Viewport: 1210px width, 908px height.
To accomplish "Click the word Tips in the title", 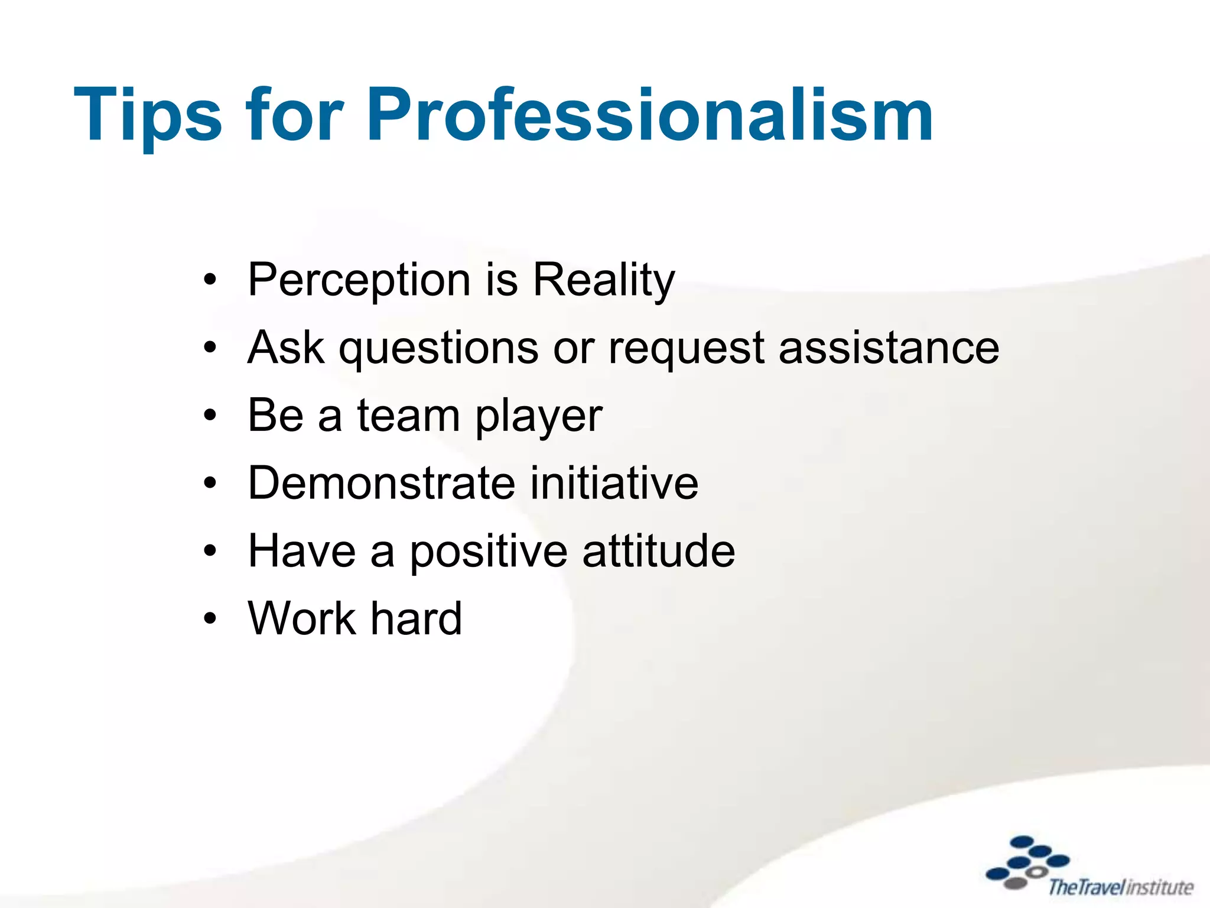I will tap(148, 115).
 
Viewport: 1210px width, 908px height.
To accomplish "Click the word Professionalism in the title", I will tap(650, 115).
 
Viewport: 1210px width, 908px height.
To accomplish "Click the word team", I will tap(408, 416).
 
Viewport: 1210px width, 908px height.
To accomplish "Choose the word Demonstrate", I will tap(382, 483).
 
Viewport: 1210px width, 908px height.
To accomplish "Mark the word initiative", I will tap(614, 483).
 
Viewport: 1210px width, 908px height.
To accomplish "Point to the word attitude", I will tap(659, 551).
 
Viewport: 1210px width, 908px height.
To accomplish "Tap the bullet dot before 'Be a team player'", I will tap(210, 416).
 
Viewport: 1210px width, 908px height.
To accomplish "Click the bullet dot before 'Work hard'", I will tap(210, 620).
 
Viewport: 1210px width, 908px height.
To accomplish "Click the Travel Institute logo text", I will tap(1120, 887).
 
